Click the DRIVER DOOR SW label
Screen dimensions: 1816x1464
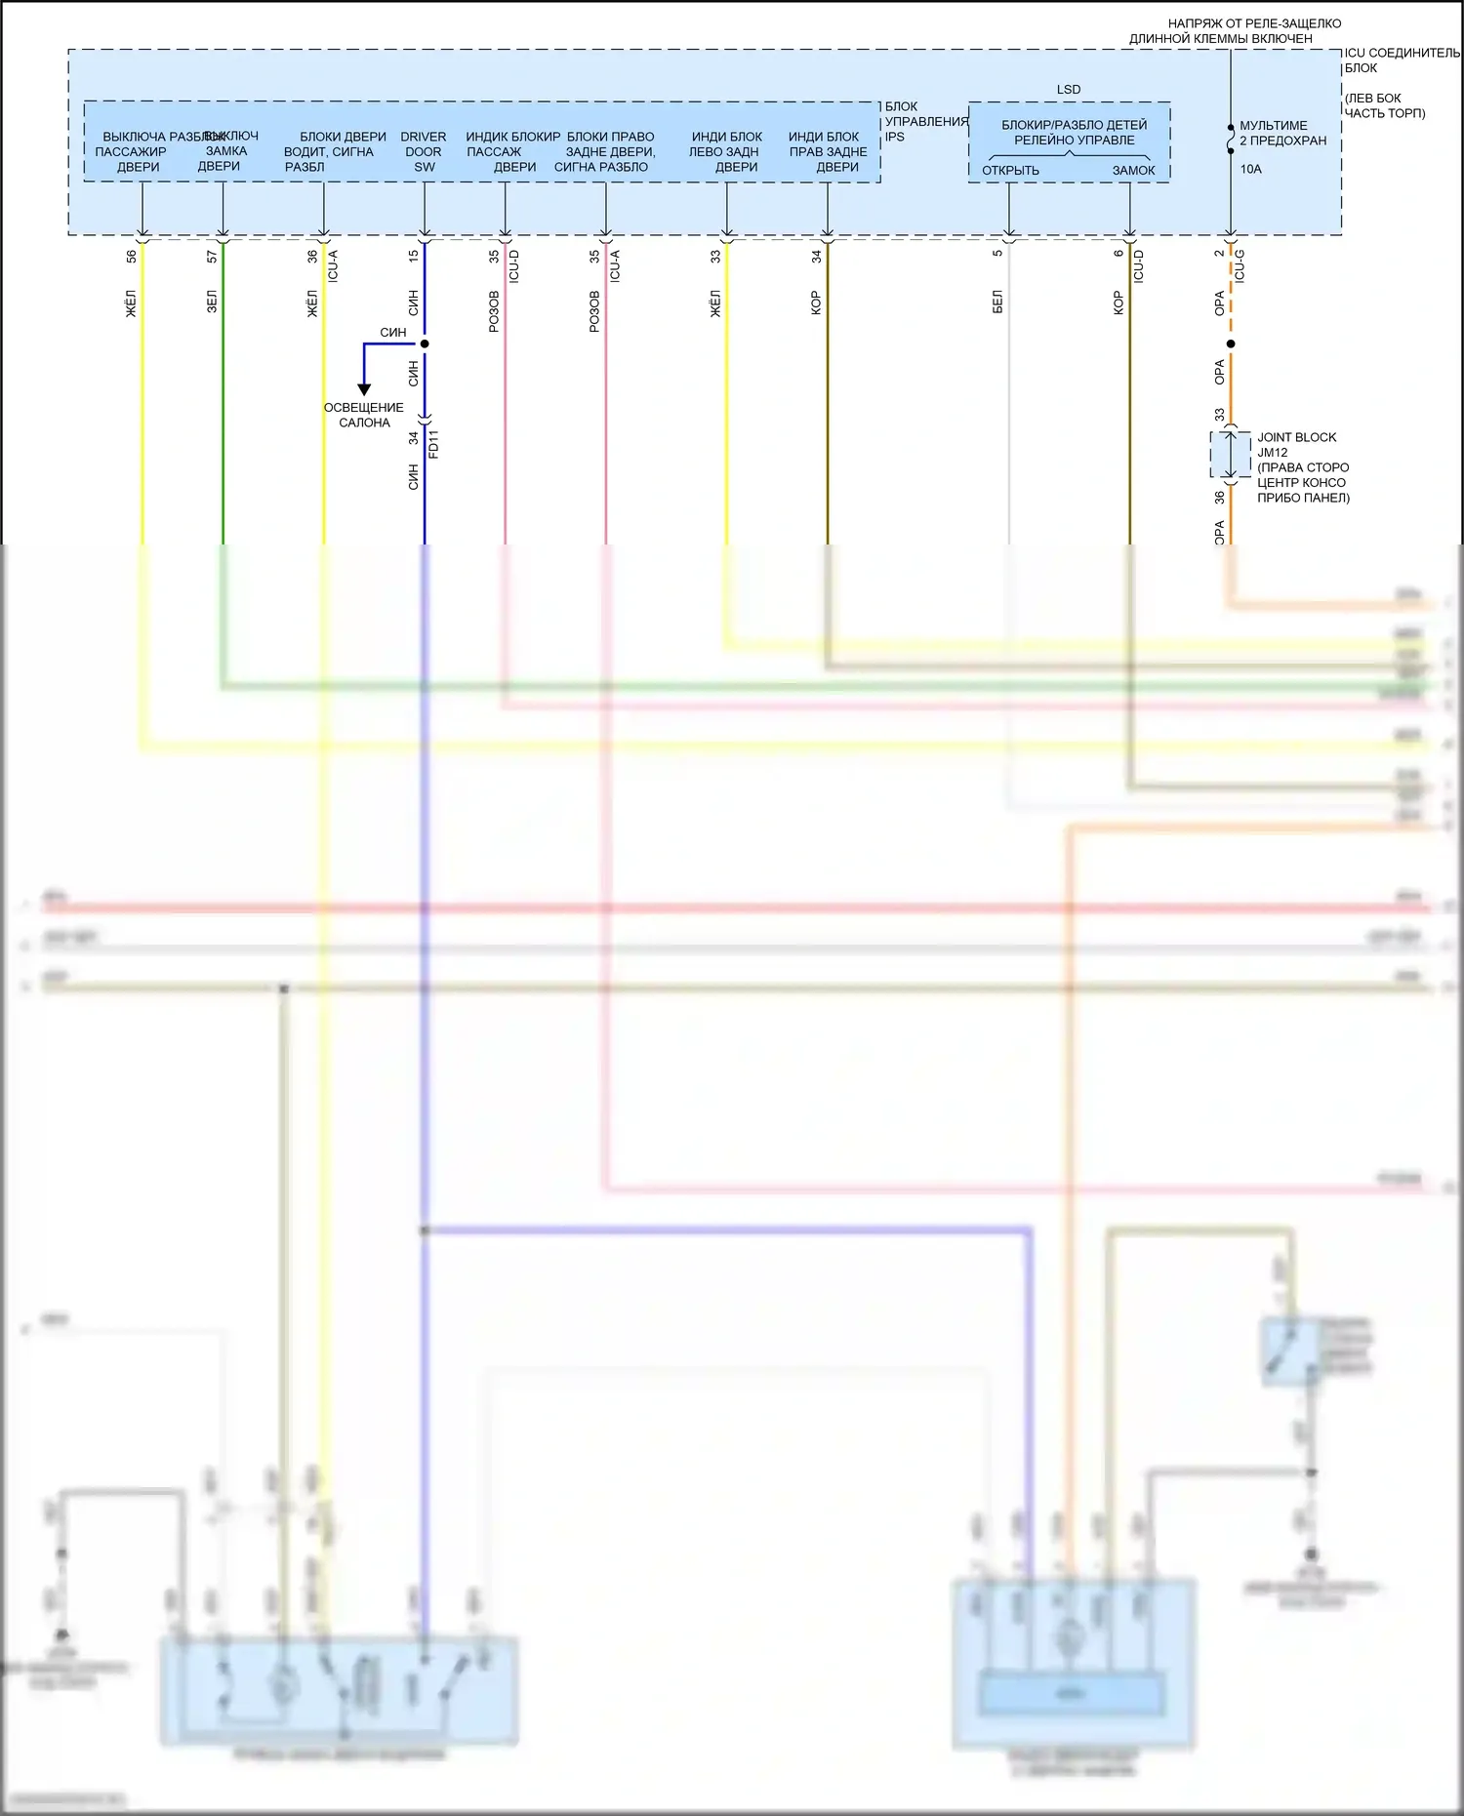pyautogui.click(x=424, y=151)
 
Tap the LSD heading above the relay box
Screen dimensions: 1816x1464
pyautogui.click(x=1069, y=90)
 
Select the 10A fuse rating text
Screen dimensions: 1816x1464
pyautogui.click(x=1250, y=169)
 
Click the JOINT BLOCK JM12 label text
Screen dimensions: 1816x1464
pyautogui.click(x=1296, y=445)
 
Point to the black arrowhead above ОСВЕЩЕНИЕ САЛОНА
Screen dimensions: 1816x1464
pyautogui.click(x=364, y=389)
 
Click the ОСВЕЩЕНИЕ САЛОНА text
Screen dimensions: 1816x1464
pyautogui.click(x=364, y=415)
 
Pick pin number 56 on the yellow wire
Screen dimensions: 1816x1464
pyautogui.click(x=132, y=257)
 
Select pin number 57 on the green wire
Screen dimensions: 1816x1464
pyautogui.click(x=212, y=257)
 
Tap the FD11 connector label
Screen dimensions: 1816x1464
pyautogui.click(x=434, y=443)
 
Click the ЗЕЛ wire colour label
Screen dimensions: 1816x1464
pyautogui.click(x=212, y=302)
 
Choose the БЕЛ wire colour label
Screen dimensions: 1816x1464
pyautogui.click(x=997, y=302)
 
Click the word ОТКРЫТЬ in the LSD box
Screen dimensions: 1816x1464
pyautogui.click(x=1010, y=171)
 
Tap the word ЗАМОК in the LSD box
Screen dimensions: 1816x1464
pyautogui.click(x=1133, y=171)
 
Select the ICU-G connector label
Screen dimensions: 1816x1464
pyautogui.click(x=1240, y=265)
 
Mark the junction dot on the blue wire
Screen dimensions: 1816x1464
pyautogui.click(x=425, y=343)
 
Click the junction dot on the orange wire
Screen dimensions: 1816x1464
pyautogui.click(x=1231, y=343)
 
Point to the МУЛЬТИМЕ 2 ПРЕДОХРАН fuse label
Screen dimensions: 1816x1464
pyautogui.click(x=1282, y=133)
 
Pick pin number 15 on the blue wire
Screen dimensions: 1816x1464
pyautogui.click(x=414, y=256)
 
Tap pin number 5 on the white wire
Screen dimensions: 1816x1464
pyautogui.click(x=997, y=254)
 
